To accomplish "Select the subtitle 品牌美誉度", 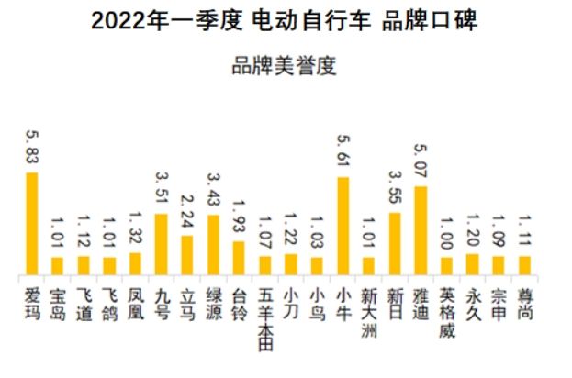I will point(285,66).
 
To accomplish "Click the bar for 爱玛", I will point(31,223).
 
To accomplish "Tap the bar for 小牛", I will point(342,226).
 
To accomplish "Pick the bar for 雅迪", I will point(421,230).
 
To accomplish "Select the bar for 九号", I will point(161,244).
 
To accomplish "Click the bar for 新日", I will point(395,243).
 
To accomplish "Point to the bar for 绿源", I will point(213,245).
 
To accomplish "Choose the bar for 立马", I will point(187,255).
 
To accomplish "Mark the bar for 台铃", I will point(239,258).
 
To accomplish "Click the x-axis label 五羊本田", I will point(264,320).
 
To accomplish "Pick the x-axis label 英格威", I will point(447,312).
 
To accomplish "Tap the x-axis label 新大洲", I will point(369,312).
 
